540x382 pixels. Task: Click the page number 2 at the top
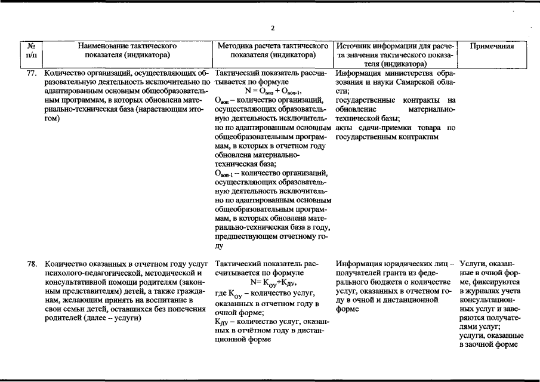pyautogui.click(x=273, y=28)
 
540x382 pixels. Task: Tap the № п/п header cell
pyautogui.click(x=31, y=50)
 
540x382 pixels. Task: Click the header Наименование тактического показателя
pyautogui.click(x=126, y=50)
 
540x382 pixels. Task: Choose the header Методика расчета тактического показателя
pyautogui.click(x=273, y=50)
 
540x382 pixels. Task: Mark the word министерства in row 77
pyautogui.click(x=401, y=73)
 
